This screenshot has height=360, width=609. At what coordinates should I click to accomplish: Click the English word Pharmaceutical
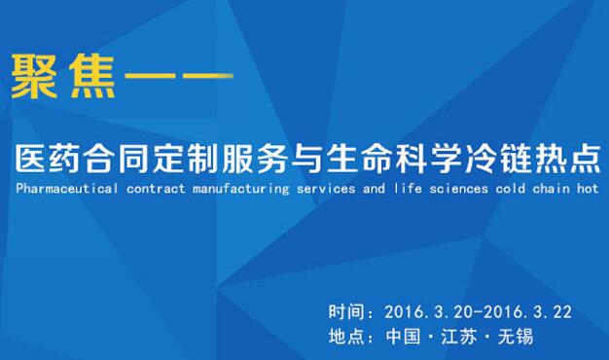pos(67,189)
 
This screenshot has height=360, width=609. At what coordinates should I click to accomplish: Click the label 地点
pos(346,337)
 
